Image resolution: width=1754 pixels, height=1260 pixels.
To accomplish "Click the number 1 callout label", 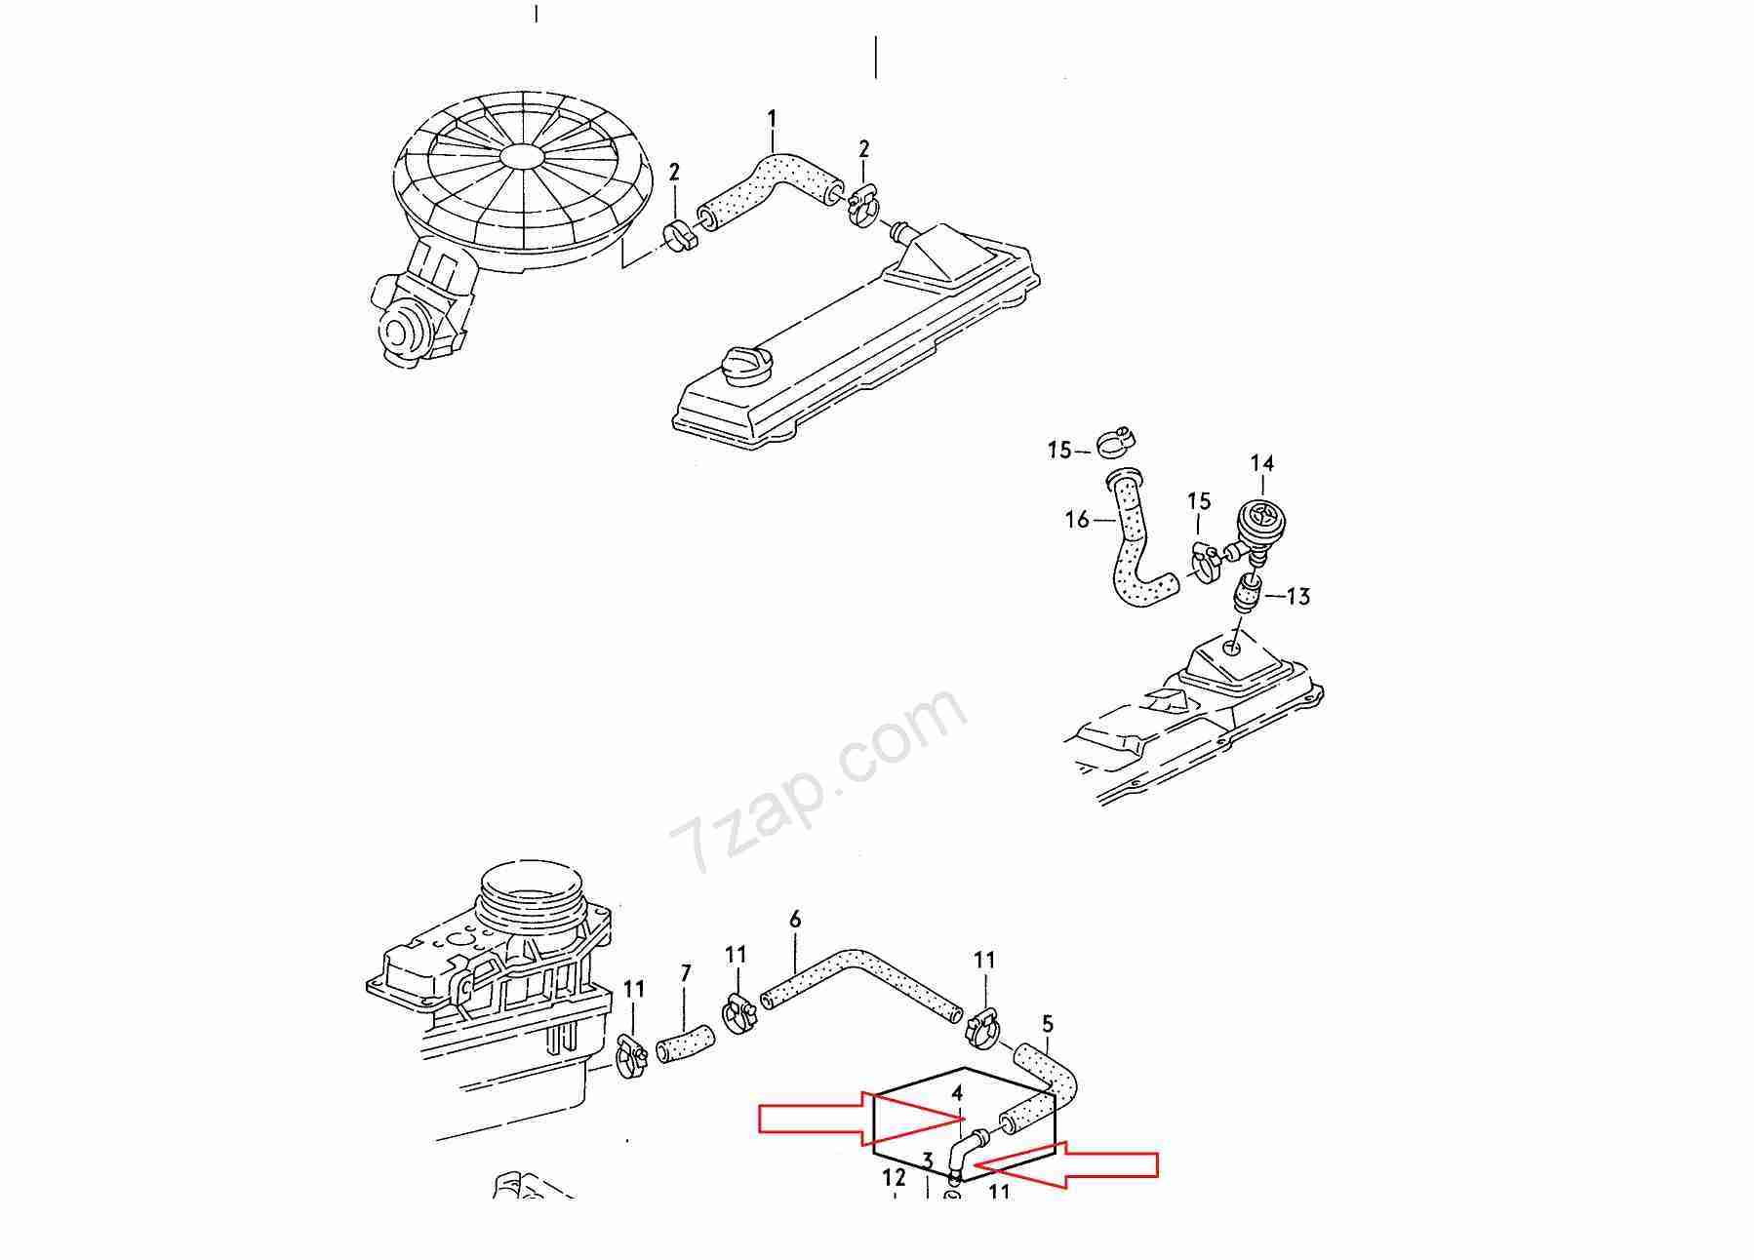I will tap(772, 121).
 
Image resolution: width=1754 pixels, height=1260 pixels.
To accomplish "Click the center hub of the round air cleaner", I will tap(524, 159).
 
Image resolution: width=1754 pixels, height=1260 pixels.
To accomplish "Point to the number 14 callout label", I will tap(1262, 463).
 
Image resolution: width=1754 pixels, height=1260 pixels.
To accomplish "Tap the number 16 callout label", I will tap(1077, 520).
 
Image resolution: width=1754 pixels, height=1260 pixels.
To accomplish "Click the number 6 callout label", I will tap(795, 919).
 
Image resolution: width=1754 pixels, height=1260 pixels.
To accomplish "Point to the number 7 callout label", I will tap(685, 973).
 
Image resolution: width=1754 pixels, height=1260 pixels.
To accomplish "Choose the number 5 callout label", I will tap(1048, 1024).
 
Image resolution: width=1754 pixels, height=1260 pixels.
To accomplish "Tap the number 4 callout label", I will tap(958, 1093).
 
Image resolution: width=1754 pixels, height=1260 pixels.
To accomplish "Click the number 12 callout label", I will tap(895, 1177).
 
